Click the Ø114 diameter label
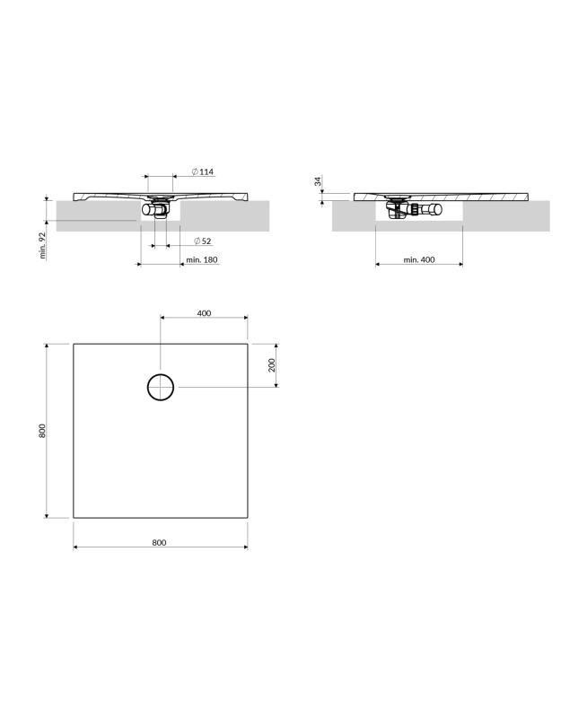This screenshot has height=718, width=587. [x=202, y=171]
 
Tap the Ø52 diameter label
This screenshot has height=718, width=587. [x=202, y=241]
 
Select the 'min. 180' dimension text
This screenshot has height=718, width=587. [x=202, y=259]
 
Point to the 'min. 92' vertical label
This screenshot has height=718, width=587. [x=43, y=246]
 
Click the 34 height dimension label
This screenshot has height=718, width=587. [x=319, y=181]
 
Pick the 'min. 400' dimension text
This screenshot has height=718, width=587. [x=419, y=259]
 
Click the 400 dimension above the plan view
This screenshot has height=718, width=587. [x=205, y=313]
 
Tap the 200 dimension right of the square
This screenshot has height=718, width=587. [x=272, y=365]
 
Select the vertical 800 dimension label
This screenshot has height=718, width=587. [x=42, y=431]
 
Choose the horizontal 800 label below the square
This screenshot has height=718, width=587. [x=160, y=543]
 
